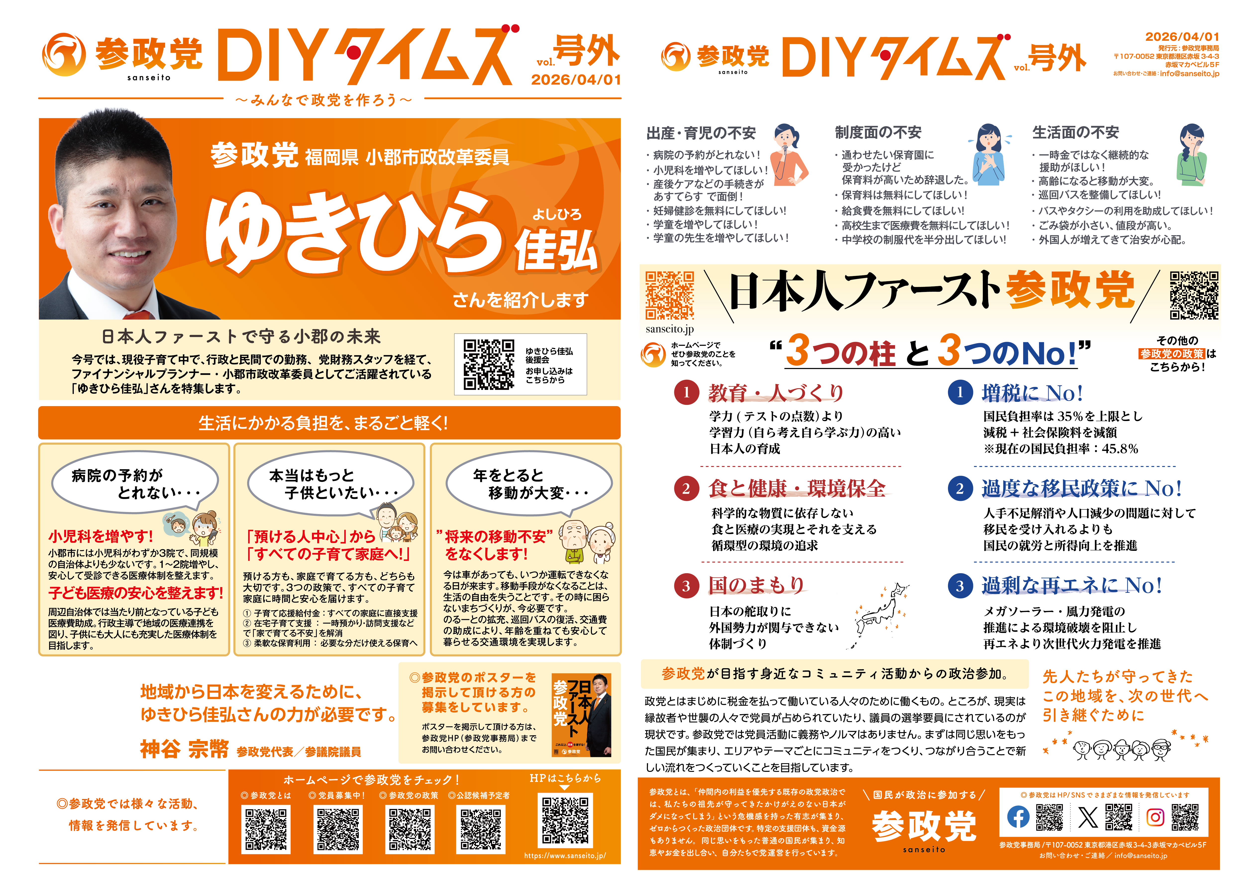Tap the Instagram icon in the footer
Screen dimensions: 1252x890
coord(1155,817)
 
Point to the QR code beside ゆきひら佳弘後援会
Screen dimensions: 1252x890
coord(488,365)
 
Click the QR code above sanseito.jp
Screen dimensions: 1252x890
coord(669,295)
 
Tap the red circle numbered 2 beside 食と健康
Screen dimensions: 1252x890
coord(686,488)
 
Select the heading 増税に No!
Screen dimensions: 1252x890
coord(1032,393)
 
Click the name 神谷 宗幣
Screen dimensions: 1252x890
coord(184,749)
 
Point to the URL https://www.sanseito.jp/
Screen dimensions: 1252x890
coord(565,855)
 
